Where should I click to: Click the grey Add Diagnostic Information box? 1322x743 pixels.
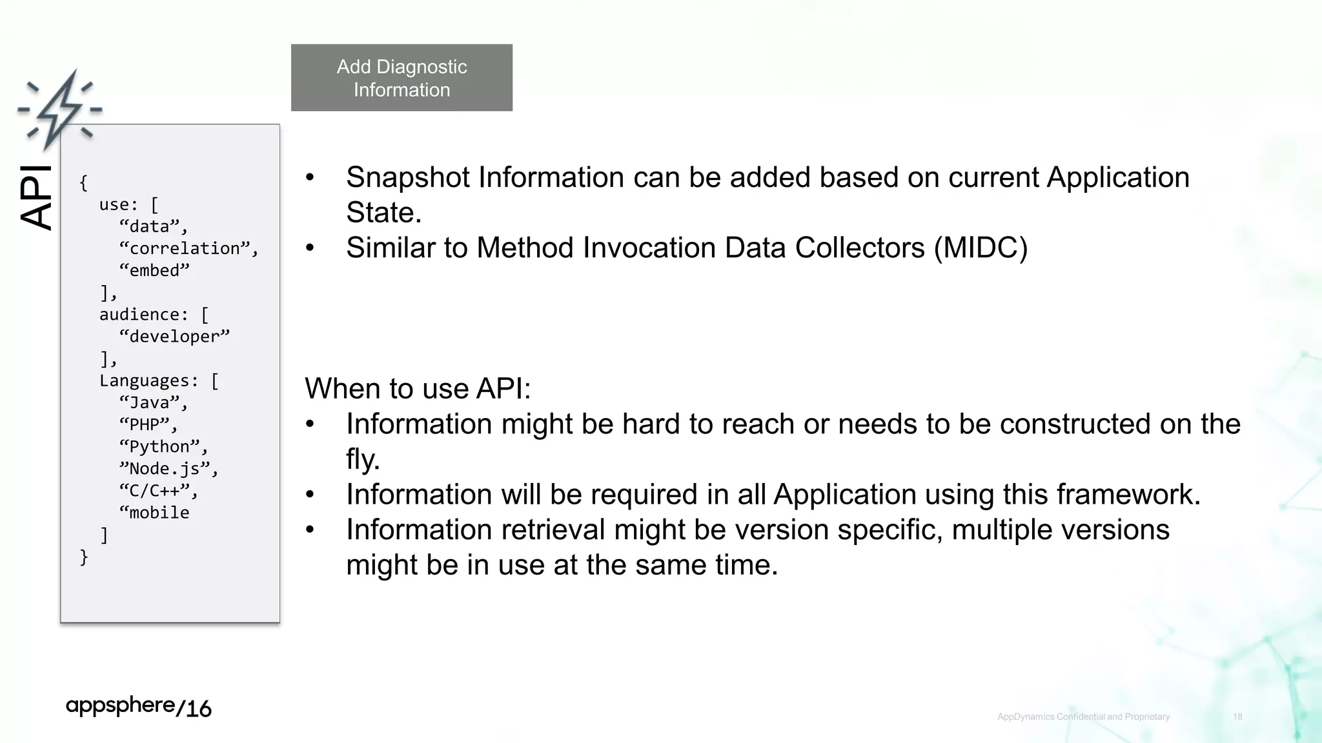tap(402, 77)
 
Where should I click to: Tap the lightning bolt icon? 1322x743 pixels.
tap(59, 110)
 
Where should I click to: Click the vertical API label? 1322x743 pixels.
tap(36, 197)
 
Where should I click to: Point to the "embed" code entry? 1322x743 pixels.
tap(154, 270)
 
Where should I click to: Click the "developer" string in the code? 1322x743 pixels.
tap(174, 336)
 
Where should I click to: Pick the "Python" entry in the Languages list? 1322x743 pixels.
tap(163, 446)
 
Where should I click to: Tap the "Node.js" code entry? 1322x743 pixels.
tap(168, 468)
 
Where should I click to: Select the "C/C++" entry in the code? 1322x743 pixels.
tap(158, 490)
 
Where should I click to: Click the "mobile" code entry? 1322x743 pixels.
tap(155, 513)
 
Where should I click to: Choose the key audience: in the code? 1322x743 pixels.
tap(143, 314)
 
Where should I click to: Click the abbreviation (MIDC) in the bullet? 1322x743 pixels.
tap(981, 248)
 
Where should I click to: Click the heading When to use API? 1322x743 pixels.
tap(418, 388)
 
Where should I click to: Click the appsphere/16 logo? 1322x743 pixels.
tap(139, 707)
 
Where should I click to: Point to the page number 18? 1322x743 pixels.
tap(1237, 717)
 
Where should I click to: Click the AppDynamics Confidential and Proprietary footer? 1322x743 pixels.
tap(1083, 717)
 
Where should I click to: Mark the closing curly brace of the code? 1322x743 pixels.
tap(84, 557)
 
